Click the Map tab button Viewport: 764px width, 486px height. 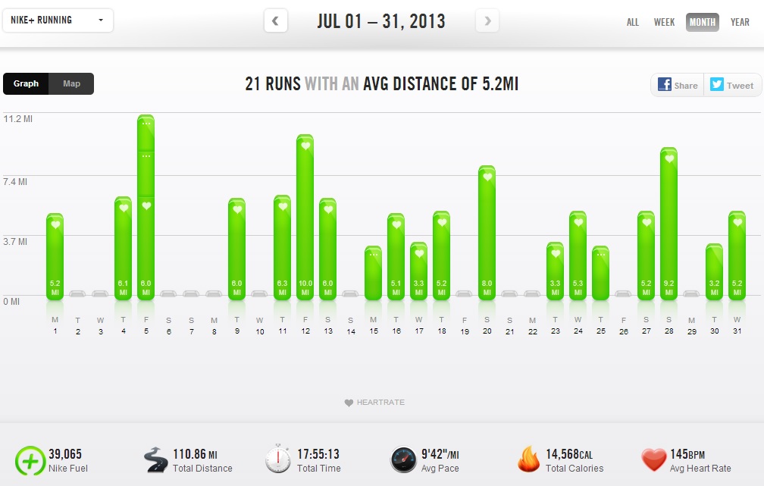point(71,83)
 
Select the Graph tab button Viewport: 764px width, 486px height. point(26,83)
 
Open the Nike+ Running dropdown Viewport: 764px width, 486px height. point(58,20)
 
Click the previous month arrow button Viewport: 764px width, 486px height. point(275,21)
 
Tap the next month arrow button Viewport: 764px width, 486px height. point(487,21)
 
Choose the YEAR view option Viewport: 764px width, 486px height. point(740,22)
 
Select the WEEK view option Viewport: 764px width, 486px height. point(664,22)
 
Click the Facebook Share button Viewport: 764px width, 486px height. point(678,85)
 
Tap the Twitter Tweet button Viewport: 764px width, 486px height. point(731,85)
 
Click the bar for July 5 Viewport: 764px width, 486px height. point(146,208)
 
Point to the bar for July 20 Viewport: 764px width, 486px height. point(487,233)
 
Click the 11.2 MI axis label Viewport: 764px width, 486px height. point(17,119)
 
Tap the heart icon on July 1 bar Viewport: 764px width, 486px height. point(55,224)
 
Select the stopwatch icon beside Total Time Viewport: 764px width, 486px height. point(278,459)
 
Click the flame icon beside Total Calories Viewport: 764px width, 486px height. point(528,459)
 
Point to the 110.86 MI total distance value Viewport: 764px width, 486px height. point(195,454)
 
